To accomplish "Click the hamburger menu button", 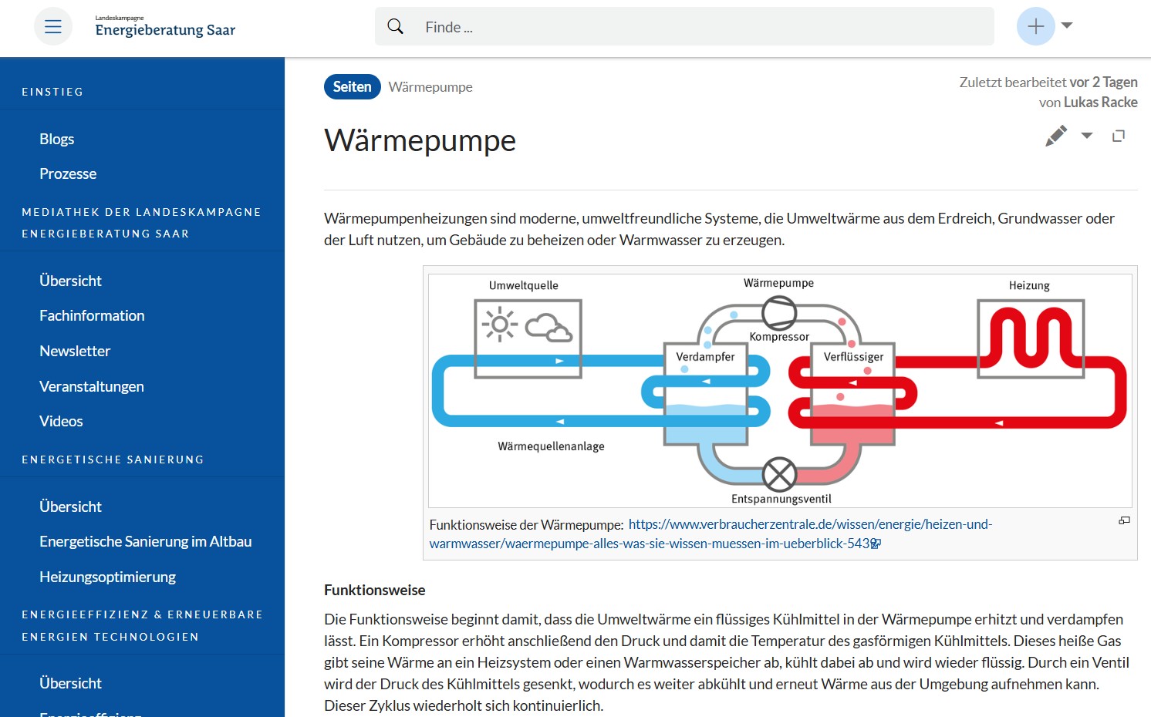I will click(x=52, y=27).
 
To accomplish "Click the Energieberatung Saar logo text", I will click(x=165, y=29).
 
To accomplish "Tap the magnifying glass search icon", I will click(x=395, y=27).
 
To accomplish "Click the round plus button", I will click(x=1035, y=26).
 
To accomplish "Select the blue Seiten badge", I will click(x=352, y=87).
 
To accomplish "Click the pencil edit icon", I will click(x=1056, y=136).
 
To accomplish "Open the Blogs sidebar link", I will click(x=57, y=139).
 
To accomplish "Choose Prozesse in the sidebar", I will click(x=68, y=173).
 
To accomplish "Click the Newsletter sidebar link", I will click(x=75, y=351).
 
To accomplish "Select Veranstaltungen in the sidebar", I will click(x=92, y=386).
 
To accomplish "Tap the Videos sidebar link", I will click(x=61, y=421).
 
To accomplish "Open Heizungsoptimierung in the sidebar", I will click(x=107, y=577).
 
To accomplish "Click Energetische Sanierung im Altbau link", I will click(x=145, y=541).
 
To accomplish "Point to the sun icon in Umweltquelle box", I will click(x=500, y=325).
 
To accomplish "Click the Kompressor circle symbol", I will click(x=778, y=313).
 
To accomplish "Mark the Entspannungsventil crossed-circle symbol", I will click(x=779, y=474).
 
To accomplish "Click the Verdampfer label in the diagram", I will click(x=705, y=357).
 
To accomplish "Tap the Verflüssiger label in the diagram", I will click(x=853, y=357).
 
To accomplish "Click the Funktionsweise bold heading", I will click(x=375, y=590).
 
